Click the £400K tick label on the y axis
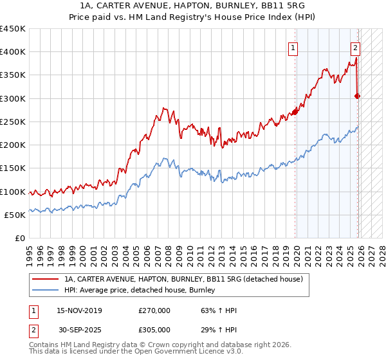pyautogui.click(x=13, y=52)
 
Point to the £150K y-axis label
pyautogui.click(x=13, y=168)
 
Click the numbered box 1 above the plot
pyautogui.click(x=293, y=47)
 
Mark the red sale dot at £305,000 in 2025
pyautogui.click(x=358, y=96)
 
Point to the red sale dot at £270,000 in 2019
pyautogui.click(x=295, y=113)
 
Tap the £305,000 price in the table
pyautogui.click(x=154, y=329)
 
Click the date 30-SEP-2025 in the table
pyautogui.click(x=79, y=329)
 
